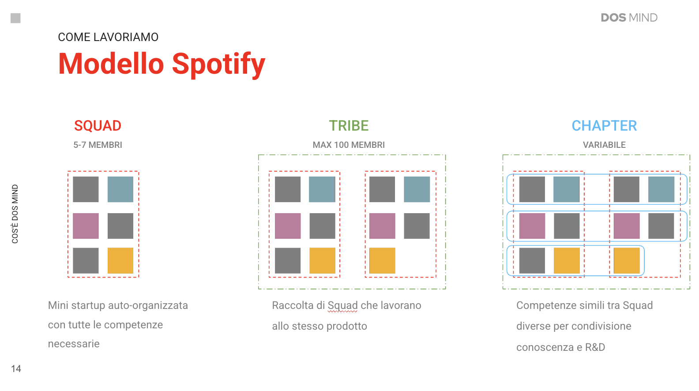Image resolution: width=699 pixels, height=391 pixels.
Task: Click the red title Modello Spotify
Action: click(162, 64)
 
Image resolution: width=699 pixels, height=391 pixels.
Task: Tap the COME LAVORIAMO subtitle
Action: click(108, 37)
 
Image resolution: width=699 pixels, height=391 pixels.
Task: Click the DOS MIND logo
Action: click(629, 18)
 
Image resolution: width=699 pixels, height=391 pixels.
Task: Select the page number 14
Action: click(16, 368)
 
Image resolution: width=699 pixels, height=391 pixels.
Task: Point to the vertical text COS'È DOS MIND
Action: click(15, 214)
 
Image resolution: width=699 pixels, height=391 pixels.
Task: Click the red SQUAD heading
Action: click(98, 126)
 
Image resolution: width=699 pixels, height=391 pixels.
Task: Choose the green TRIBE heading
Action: click(349, 126)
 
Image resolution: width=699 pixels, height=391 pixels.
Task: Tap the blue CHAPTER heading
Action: click(604, 126)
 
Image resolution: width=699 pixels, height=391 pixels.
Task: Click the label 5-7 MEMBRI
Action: click(98, 145)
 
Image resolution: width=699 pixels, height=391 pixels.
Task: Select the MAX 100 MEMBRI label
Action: click(349, 145)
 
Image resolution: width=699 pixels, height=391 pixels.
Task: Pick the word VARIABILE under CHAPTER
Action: click(604, 145)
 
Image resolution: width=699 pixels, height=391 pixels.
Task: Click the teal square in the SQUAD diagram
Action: click(120, 189)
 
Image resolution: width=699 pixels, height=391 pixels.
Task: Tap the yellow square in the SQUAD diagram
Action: click(120, 260)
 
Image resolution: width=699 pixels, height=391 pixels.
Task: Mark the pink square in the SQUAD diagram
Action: click(86, 226)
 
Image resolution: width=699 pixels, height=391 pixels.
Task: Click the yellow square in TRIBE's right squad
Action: click(382, 260)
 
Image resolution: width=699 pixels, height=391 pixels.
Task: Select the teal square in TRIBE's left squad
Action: click(322, 189)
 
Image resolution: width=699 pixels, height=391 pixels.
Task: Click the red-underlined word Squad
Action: click(342, 305)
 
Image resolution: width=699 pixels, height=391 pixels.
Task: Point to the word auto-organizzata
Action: click(148, 305)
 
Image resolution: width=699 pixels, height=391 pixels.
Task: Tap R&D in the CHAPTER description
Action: click(595, 347)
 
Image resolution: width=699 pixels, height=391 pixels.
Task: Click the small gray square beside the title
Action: click(15, 18)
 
